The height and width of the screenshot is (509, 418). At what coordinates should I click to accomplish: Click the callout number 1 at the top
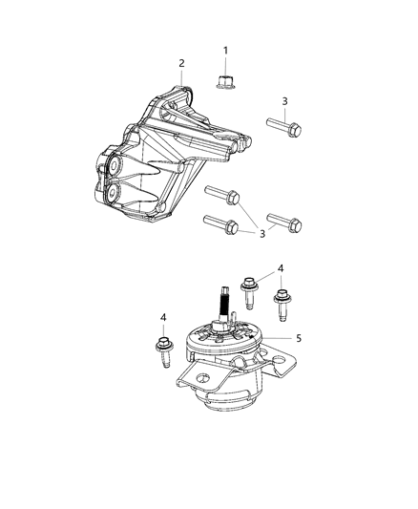[226, 50]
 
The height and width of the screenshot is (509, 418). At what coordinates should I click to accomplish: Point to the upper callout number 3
[284, 101]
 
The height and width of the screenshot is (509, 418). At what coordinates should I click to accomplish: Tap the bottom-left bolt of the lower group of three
[219, 226]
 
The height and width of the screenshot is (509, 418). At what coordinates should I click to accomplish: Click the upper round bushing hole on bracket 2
[114, 169]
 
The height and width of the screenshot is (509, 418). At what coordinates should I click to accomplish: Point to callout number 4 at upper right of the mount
[281, 268]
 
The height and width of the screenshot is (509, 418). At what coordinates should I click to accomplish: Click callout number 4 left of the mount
[164, 317]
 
